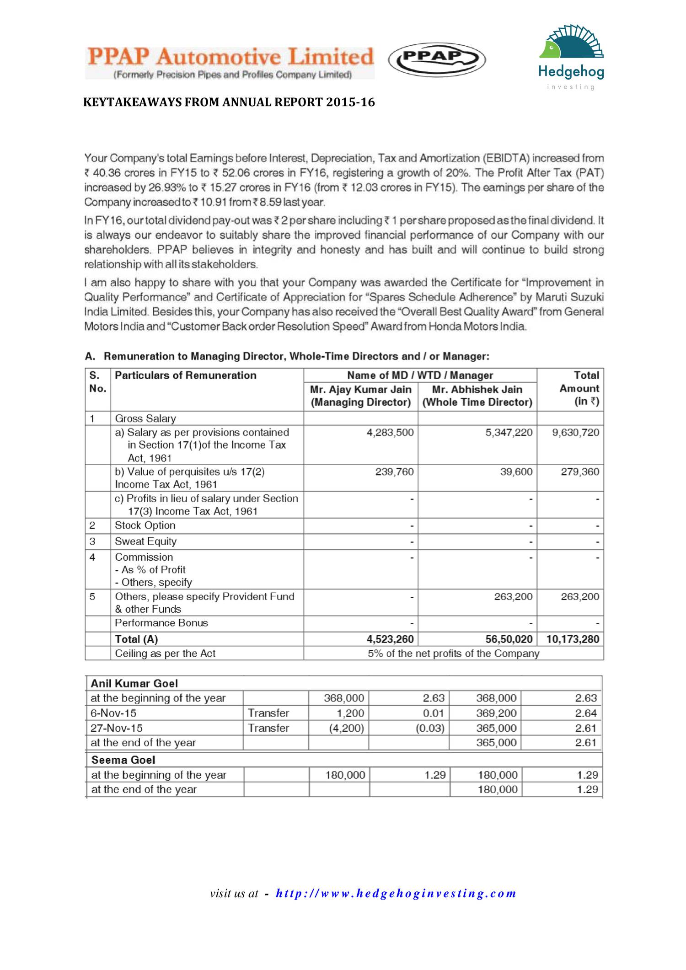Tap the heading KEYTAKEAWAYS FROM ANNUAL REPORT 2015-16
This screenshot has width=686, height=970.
pyautogui.click(x=229, y=102)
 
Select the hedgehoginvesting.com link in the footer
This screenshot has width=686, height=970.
pyautogui.click(x=396, y=893)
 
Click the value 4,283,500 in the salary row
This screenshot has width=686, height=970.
pyautogui.click(x=390, y=433)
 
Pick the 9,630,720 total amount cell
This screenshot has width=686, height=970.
pyautogui.click(x=575, y=433)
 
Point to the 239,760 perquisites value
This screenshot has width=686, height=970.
pyautogui.click(x=394, y=472)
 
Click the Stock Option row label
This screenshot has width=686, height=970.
pyautogui.click(x=145, y=525)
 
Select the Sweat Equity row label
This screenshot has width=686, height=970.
pyautogui.click(x=145, y=541)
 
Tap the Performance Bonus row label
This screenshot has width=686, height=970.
pyautogui.click(x=161, y=623)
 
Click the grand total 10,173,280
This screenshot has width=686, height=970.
pyautogui.click(x=573, y=639)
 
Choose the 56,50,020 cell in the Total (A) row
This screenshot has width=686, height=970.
pyautogui.click(x=509, y=639)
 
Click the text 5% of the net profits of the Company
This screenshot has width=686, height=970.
pyautogui.click(x=453, y=654)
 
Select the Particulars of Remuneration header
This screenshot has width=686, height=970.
pyautogui.click(x=186, y=375)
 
